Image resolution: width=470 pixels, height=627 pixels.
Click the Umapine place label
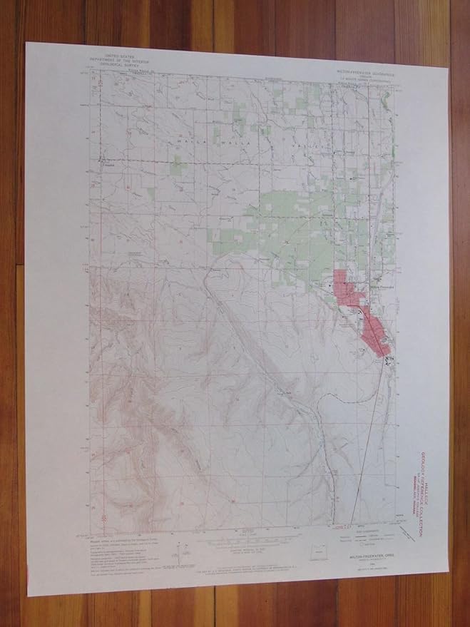pyautogui.click(x=108, y=160)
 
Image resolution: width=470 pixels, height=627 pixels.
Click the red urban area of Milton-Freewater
pyautogui.click(x=371, y=328)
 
